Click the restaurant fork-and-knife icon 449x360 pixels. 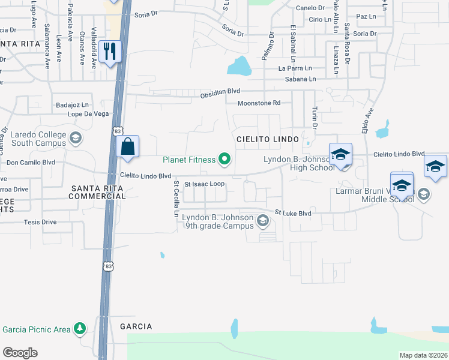(x=109, y=50)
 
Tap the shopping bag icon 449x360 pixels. (x=128, y=146)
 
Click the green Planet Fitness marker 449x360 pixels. (x=224, y=159)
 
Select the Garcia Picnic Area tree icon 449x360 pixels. (x=79, y=329)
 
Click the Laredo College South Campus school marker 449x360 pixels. (x=76, y=139)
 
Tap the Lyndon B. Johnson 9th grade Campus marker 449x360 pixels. (x=262, y=221)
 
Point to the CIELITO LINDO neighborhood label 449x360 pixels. (x=267, y=139)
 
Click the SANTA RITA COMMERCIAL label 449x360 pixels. (x=98, y=192)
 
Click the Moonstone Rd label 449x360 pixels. (x=259, y=103)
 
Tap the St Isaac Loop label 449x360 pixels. (x=205, y=184)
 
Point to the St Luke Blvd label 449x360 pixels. (x=293, y=212)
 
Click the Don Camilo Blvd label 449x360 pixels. (x=31, y=163)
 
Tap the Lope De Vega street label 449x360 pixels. (x=88, y=113)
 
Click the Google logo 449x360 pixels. (x=20, y=353)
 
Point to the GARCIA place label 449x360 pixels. (x=136, y=326)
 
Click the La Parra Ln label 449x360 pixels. (x=295, y=68)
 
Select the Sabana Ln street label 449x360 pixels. (x=301, y=79)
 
